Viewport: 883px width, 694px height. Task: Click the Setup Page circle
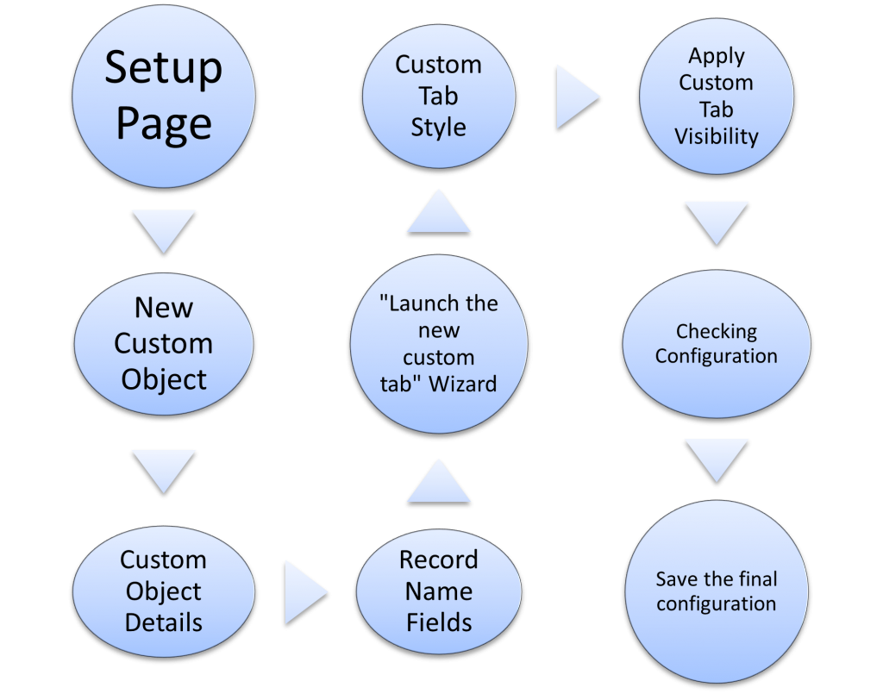click(163, 97)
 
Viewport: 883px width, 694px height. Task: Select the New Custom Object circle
click(163, 344)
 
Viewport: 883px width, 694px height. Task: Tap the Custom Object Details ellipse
click(163, 591)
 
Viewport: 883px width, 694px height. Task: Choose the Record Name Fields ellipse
click(439, 591)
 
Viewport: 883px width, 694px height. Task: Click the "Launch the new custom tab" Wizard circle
click(439, 344)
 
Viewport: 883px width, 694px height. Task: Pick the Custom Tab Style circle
click(439, 97)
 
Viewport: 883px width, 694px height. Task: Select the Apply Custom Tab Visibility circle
click(717, 97)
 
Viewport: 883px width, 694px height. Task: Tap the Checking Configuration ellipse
click(717, 344)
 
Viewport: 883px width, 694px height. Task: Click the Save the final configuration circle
click(717, 591)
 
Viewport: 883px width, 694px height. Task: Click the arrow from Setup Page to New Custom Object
click(163, 232)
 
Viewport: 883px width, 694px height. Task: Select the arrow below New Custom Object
click(163, 472)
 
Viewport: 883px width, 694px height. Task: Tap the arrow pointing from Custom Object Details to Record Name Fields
click(306, 592)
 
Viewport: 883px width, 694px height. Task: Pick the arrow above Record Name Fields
click(439, 480)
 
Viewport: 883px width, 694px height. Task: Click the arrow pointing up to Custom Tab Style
click(439, 211)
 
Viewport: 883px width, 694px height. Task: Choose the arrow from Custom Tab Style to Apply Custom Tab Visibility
click(577, 97)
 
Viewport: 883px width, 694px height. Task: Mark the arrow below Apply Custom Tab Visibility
click(717, 223)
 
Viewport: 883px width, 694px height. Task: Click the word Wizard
click(463, 384)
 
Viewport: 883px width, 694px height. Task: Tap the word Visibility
click(717, 136)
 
